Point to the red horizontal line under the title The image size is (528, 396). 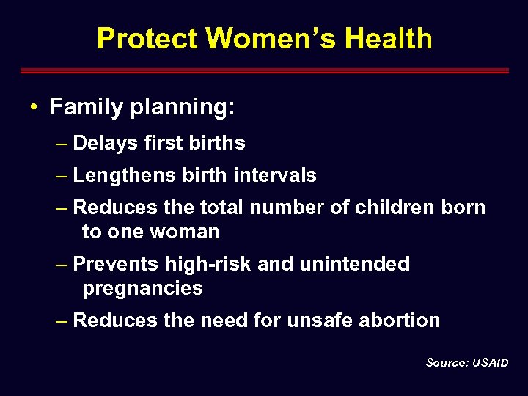(x=264, y=71)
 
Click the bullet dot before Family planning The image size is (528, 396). (x=34, y=108)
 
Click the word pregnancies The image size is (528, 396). (x=142, y=288)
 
